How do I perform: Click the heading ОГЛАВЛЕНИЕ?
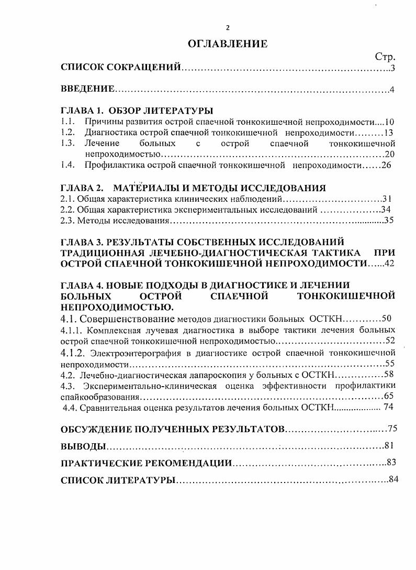(228, 44)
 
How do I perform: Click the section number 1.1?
(67, 122)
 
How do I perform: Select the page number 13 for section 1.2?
(388, 133)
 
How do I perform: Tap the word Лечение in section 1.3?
(102, 143)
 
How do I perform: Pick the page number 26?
(386, 166)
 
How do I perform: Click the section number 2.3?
(68, 221)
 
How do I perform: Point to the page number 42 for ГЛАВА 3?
(389, 264)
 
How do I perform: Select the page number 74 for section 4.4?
(389, 407)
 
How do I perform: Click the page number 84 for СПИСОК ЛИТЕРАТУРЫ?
(394, 480)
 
